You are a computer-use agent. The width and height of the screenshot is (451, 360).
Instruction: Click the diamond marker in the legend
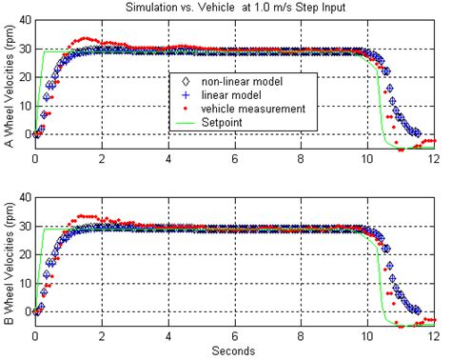[184, 82]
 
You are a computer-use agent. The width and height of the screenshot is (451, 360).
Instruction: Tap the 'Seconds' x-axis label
[234, 350]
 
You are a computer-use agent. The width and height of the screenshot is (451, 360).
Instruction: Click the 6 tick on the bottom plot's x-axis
[235, 337]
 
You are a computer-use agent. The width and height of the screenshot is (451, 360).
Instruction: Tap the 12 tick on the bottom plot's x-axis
[434, 337]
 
